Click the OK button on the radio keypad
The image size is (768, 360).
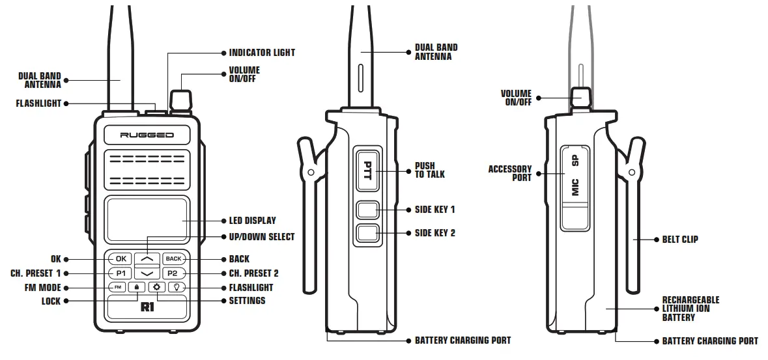(x=121, y=258)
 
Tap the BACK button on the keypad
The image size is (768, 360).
(x=173, y=258)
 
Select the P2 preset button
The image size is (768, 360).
(x=173, y=273)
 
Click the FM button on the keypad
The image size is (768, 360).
(x=118, y=287)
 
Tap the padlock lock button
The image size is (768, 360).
(x=137, y=287)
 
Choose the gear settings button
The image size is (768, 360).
(x=156, y=287)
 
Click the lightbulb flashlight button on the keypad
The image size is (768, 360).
(x=177, y=287)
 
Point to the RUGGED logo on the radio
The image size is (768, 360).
(x=147, y=135)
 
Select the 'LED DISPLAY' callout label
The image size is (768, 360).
(x=252, y=221)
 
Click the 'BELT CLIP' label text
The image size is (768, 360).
(x=680, y=240)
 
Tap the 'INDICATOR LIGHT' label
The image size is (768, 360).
(x=262, y=52)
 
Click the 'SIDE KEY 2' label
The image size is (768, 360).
(x=434, y=232)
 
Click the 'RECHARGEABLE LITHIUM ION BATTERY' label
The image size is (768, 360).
(x=690, y=309)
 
